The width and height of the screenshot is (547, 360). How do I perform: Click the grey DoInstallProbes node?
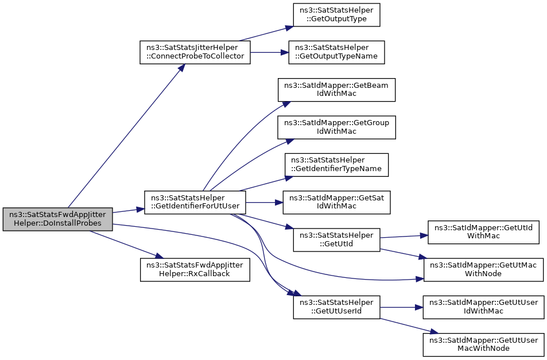[57, 219]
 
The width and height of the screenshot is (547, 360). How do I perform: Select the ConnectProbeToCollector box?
[195, 52]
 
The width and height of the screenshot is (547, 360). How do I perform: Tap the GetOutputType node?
[336, 15]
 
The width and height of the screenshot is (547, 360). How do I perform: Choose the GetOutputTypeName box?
[336, 52]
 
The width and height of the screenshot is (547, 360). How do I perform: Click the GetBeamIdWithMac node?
[336, 90]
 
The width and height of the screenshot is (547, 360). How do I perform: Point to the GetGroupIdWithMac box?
[336, 127]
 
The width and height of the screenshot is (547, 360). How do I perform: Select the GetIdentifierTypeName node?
[336, 165]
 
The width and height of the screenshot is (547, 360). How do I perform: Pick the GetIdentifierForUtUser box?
[195, 202]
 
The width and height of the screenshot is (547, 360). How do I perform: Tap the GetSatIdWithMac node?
[336, 202]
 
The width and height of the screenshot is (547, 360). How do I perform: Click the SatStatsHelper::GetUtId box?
[336, 239]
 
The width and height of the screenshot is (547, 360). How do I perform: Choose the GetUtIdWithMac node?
[483, 232]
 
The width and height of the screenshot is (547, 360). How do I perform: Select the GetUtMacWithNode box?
[483, 270]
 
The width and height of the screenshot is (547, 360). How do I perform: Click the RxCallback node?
[195, 270]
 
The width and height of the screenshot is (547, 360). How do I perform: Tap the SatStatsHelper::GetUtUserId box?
[336, 307]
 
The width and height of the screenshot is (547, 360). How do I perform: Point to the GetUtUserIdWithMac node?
[483, 307]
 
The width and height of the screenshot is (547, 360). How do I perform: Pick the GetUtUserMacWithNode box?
[483, 344]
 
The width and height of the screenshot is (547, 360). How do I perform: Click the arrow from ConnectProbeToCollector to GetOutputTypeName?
[269, 52]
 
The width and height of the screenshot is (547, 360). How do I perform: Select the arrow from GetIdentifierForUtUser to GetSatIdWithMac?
[264, 202]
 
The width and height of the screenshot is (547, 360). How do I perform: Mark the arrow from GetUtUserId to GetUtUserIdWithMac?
[401, 307]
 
